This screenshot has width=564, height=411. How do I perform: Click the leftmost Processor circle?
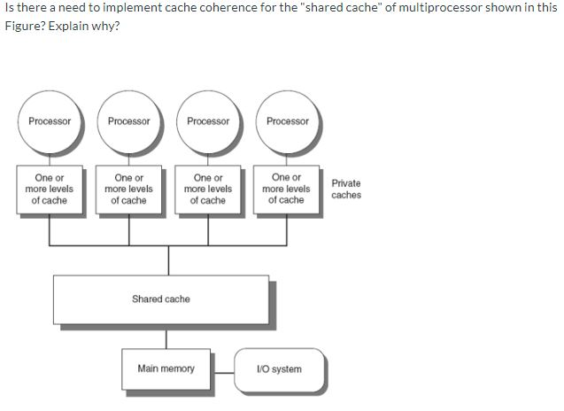[x=50, y=121]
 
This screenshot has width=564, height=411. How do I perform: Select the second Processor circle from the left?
[x=129, y=121]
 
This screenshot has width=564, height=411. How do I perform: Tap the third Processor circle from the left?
[x=208, y=121]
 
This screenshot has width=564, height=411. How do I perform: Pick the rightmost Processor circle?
[x=288, y=121]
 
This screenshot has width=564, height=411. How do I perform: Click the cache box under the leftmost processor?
[x=50, y=189]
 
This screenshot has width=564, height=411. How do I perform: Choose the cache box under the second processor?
[x=129, y=189]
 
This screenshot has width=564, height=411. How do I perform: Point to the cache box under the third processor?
[x=208, y=189]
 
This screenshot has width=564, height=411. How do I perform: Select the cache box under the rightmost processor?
[x=287, y=189]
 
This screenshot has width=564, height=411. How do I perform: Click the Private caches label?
[x=346, y=189]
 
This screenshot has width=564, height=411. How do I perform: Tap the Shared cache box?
[x=161, y=299]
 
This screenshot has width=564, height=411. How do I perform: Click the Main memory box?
[x=166, y=368]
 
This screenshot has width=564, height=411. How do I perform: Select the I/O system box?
[x=279, y=368]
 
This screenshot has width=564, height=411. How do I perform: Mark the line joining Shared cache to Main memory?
[x=167, y=337]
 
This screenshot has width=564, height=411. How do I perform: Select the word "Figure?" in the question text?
[x=24, y=24]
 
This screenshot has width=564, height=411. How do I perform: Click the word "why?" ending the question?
[x=105, y=24]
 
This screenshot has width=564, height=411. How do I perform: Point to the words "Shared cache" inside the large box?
[x=161, y=299]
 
